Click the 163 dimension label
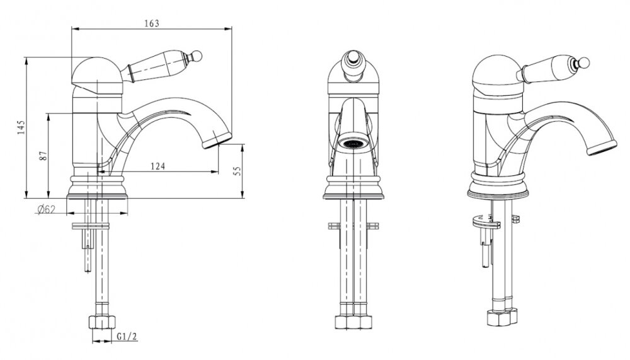pyautogui.click(x=152, y=23)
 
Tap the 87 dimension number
pyautogui.click(x=44, y=155)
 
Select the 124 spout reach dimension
pyautogui.click(x=158, y=166)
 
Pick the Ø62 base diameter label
pyautogui.click(x=46, y=209)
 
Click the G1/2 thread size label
pyautogui.click(x=127, y=336)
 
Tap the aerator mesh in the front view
pyautogui.click(x=352, y=143)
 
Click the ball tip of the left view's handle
pyautogui.click(x=197, y=56)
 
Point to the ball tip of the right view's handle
pyautogui.click(x=585, y=63)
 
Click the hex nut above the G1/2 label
pyautogui.click(x=101, y=323)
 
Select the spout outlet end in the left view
pyautogui.click(x=217, y=141)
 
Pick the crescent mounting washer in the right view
pyautogui.click(x=485, y=221)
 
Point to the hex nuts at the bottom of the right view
pyautogui.click(x=503, y=317)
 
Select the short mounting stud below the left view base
pyautogui.click(x=87, y=250)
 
